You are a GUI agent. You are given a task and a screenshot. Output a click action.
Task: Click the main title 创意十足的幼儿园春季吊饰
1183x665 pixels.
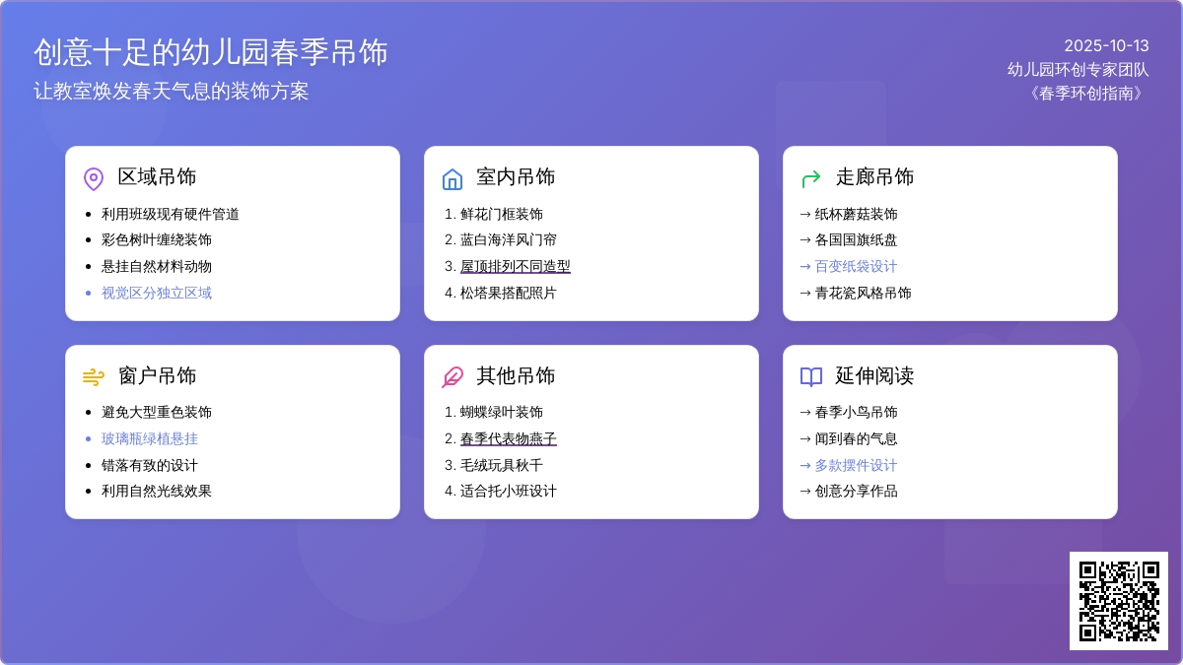[x=211, y=53]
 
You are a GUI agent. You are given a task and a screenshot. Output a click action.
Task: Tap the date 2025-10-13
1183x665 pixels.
[x=1106, y=46]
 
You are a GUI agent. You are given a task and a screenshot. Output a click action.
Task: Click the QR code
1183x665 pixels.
[x=1119, y=601]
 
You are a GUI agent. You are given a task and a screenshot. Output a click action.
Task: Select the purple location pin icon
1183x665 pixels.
[x=94, y=179]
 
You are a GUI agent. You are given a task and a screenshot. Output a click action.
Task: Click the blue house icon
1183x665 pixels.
[x=452, y=179]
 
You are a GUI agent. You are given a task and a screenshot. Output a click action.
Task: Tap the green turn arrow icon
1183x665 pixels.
[x=810, y=179]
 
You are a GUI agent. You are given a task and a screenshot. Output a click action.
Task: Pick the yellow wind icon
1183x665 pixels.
[x=94, y=377]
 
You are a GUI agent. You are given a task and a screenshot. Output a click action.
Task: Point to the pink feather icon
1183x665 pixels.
[x=452, y=377]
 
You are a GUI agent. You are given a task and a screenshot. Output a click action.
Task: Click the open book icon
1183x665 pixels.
[x=810, y=377]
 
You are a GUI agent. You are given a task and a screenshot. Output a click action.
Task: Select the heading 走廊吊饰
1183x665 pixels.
[x=874, y=177]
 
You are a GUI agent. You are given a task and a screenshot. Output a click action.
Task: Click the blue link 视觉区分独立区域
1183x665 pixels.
[x=157, y=293]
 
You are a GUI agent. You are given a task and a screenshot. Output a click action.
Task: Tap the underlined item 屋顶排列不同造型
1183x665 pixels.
[x=515, y=267]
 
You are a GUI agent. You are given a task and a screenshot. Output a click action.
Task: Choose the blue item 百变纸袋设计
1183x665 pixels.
[x=856, y=267]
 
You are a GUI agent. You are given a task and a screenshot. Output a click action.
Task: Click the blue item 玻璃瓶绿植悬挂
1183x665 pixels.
[x=150, y=438]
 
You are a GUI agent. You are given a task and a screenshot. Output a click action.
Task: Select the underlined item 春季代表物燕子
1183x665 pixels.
[x=508, y=438]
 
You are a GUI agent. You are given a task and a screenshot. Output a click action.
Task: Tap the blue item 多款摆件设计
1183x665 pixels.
[x=856, y=465]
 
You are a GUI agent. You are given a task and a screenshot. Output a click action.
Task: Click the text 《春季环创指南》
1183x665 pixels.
[x=1085, y=94]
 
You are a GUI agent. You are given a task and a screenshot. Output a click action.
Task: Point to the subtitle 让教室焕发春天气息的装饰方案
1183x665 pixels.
[x=172, y=92]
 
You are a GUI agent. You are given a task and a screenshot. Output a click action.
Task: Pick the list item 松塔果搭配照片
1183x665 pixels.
[x=508, y=293]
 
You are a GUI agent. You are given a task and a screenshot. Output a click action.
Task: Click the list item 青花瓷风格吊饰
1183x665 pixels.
[x=863, y=293]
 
